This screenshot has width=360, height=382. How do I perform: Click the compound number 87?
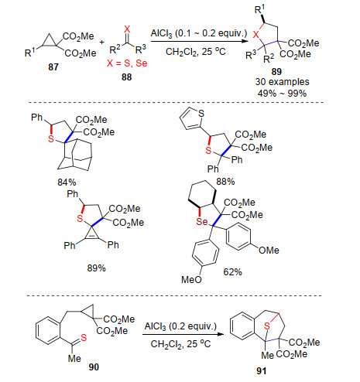[x=53, y=67]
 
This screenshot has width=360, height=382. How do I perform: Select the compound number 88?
[x=127, y=77]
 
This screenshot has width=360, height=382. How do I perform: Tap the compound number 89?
[x=276, y=72]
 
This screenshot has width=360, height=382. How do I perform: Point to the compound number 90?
[x=94, y=367]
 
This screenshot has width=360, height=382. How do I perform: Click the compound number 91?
[x=262, y=370]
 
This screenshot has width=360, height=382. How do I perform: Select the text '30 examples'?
[x=283, y=82]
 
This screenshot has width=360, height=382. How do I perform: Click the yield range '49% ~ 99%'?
[x=282, y=93]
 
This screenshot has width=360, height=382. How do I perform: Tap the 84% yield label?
[x=67, y=182]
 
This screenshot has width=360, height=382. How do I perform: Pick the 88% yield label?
[x=225, y=182]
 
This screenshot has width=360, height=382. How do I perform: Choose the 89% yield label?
[x=97, y=268]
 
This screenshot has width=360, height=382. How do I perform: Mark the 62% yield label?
[x=233, y=272]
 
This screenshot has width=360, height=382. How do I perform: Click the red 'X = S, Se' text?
[x=127, y=63]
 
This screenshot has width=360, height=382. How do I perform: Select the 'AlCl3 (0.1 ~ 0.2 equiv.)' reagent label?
[x=199, y=33]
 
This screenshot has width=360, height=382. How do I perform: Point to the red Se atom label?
[x=202, y=221]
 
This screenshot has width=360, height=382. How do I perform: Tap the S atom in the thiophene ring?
[x=201, y=114]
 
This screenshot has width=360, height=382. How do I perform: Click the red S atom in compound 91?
[x=267, y=326]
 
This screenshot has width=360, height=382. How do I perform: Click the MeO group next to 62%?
[x=191, y=279]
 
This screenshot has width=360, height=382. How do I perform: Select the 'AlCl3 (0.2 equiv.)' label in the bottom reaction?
[x=180, y=326]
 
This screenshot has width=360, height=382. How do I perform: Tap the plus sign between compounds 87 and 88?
[x=102, y=42]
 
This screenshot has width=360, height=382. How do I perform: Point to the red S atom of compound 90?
[x=84, y=337]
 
